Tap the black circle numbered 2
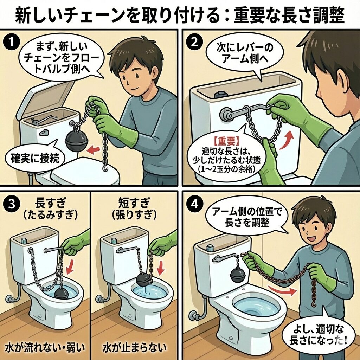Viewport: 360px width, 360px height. [194, 43]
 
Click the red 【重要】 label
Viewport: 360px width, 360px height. [226, 142]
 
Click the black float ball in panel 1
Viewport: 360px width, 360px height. [76, 140]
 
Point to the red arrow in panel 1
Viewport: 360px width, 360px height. [94, 149]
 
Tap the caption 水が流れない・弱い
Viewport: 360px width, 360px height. [45, 347]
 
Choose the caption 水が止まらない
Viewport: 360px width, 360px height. [135, 347]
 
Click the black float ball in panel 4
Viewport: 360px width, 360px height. [237, 274]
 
